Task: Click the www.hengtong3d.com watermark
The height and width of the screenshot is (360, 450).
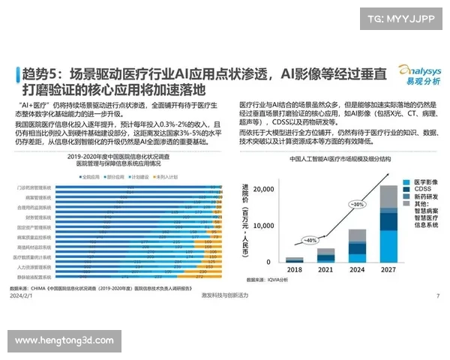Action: (x=64, y=340)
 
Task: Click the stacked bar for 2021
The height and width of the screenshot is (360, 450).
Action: (x=326, y=255)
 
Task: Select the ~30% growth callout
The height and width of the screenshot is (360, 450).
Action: (x=358, y=204)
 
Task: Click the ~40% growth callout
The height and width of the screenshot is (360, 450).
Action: (x=309, y=240)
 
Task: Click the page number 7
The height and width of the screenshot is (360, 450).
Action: (x=436, y=295)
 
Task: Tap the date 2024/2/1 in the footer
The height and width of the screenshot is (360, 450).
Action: (x=21, y=295)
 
